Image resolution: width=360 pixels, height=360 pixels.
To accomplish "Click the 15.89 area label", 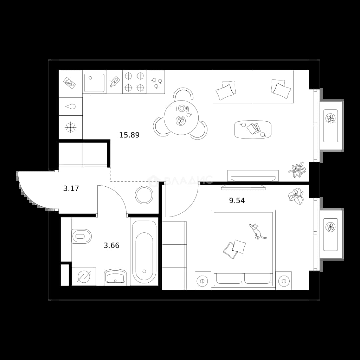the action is click(129, 135).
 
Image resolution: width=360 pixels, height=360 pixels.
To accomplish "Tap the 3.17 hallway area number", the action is click(71, 188).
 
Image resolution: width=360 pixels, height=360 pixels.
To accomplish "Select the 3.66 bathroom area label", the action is click(112, 245).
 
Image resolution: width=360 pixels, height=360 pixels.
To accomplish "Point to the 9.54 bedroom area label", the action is click(237, 201).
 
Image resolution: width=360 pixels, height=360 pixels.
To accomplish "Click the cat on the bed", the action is click(257, 231).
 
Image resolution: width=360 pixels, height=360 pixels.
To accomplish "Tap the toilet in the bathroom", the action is click(81, 236).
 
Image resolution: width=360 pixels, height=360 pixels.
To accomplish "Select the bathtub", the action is click(144, 252).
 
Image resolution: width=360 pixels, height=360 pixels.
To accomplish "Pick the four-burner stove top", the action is click(134, 82).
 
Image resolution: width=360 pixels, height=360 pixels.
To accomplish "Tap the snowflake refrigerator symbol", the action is click(70, 127).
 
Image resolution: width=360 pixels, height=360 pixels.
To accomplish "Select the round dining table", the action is click(181, 118).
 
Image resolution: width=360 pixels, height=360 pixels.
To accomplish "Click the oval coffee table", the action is click(253, 129).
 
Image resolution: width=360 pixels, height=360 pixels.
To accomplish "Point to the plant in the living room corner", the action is click(297, 169).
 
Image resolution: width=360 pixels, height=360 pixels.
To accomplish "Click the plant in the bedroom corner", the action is click(296, 196).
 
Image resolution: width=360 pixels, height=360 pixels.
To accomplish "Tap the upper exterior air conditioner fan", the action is click(330, 118).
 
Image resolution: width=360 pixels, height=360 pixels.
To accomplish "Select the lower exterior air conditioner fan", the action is click(330, 227).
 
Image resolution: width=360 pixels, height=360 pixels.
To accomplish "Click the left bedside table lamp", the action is click(202, 281).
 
